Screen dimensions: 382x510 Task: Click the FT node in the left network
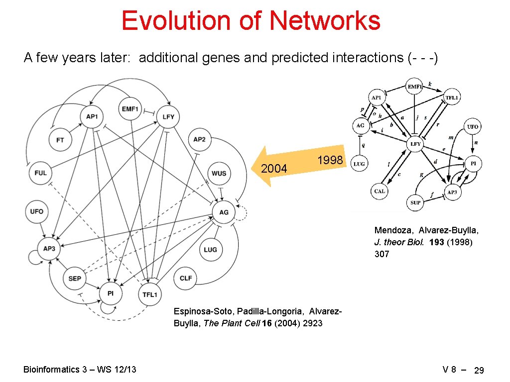click(60, 141)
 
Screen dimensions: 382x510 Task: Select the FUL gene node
click(41, 173)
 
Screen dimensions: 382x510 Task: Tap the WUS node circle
click(219, 174)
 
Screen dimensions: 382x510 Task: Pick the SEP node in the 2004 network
click(75, 279)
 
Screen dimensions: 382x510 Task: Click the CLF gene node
click(185, 279)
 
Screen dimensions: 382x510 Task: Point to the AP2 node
click(199, 140)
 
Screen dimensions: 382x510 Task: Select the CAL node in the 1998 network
click(380, 191)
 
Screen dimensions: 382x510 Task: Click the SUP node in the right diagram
click(416, 202)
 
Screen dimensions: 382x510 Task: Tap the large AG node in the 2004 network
click(224, 212)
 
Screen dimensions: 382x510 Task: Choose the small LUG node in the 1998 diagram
click(360, 163)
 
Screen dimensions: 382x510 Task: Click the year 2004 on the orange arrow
click(274, 169)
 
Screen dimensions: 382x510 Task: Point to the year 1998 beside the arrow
click(330, 160)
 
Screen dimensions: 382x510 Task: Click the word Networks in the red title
click(325, 21)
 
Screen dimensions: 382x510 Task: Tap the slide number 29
click(479, 371)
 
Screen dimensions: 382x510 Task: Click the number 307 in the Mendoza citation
click(382, 254)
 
